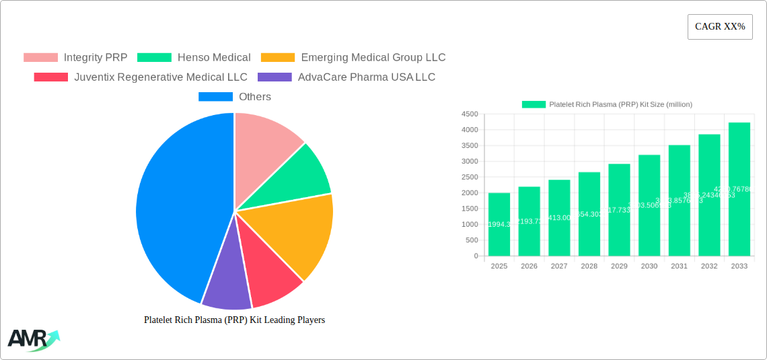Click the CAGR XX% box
[x=719, y=27]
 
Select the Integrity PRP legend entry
[x=75, y=57]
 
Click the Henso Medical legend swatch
[x=154, y=57]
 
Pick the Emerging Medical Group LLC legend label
[x=373, y=57]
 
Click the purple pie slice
[x=227, y=283]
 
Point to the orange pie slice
[x=296, y=232]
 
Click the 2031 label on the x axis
[x=679, y=266]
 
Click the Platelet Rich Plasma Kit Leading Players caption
[x=234, y=320]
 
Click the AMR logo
[x=32, y=340]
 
